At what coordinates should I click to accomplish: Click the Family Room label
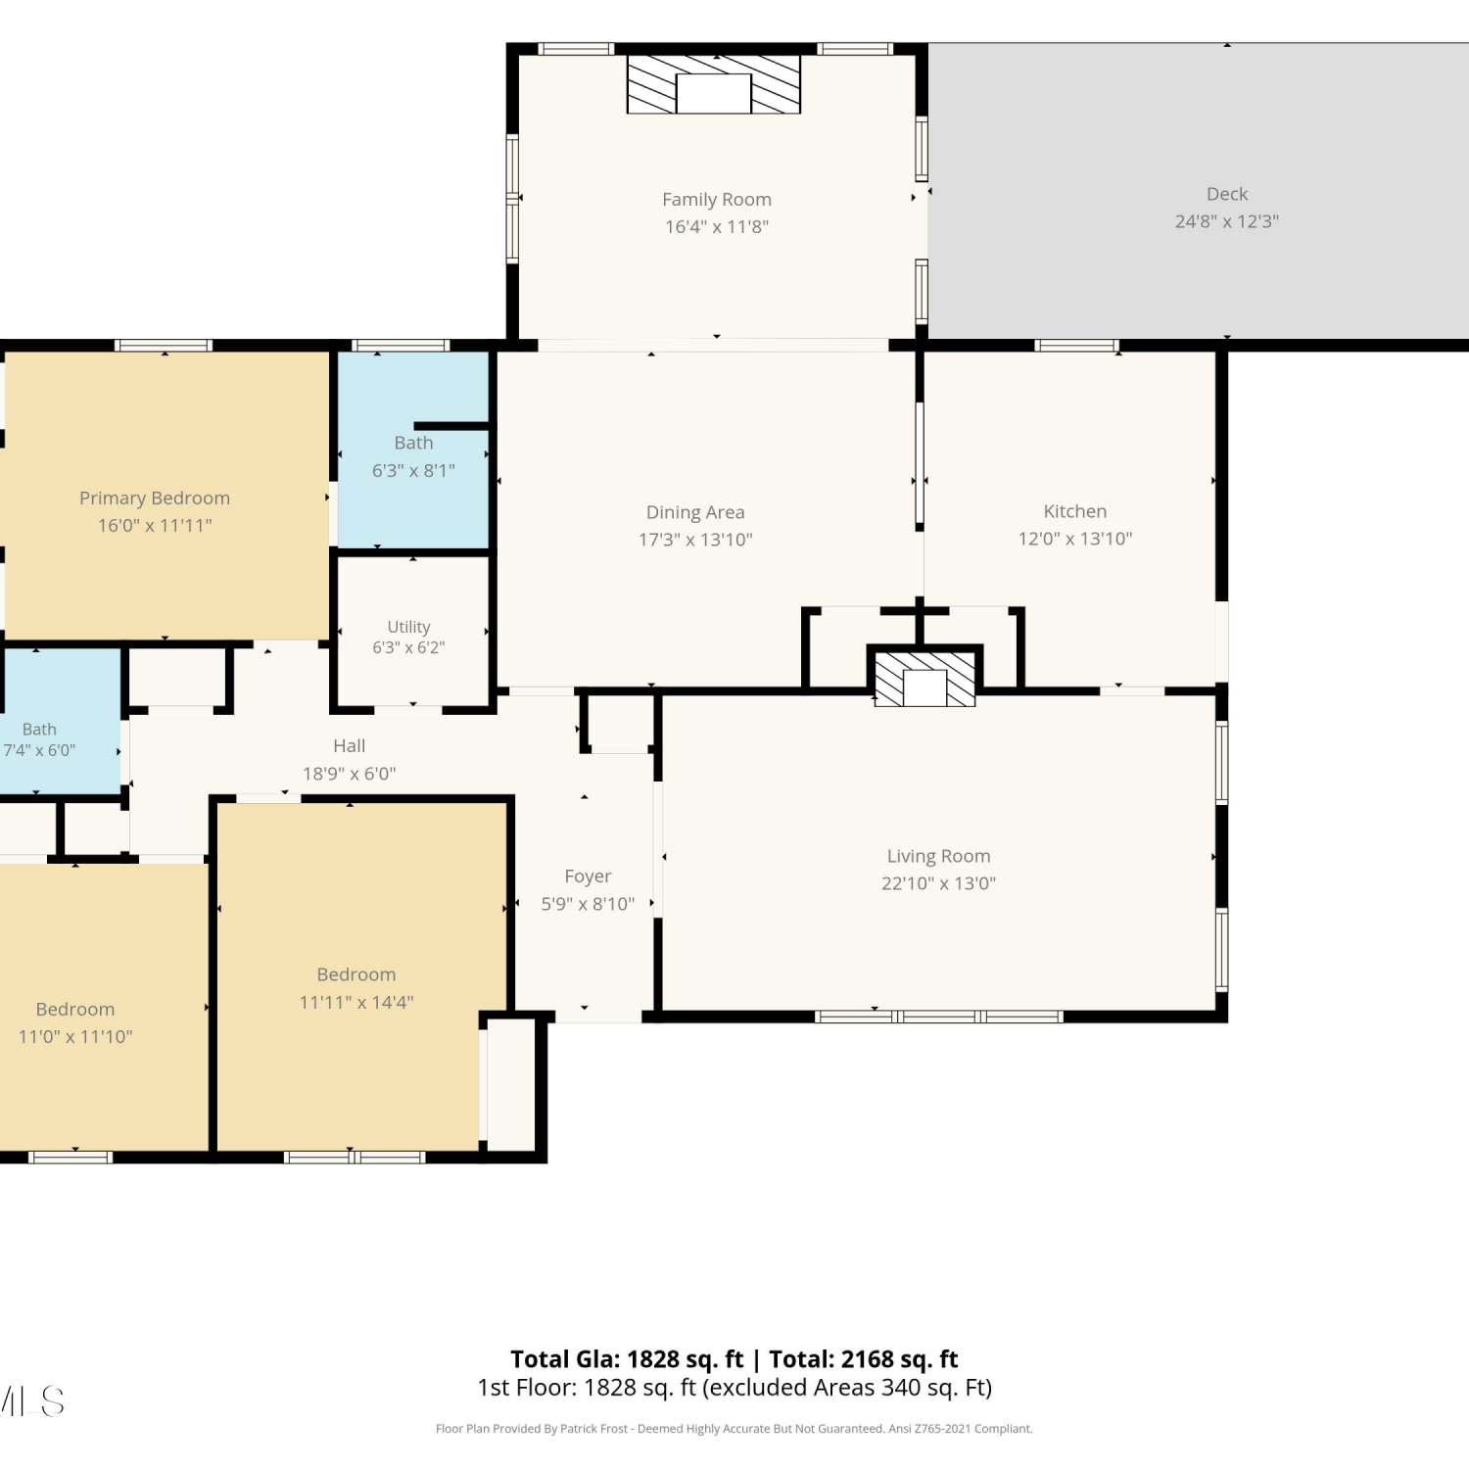click(717, 200)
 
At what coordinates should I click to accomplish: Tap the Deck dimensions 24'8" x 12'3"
click(1227, 221)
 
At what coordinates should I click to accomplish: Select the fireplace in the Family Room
click(714, 84)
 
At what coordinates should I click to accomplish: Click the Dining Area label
click(695, 512)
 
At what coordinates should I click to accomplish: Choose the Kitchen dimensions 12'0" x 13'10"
click(1075, 539)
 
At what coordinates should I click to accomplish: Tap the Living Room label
click(938, 857)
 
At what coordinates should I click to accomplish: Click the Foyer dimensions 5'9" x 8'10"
click(588, 904)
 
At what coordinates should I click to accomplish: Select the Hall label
click(349, 746)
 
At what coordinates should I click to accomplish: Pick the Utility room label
click(408, 627)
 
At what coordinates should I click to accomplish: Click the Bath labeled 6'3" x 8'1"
click(413, 444)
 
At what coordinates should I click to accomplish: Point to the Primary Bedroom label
click(155, 498)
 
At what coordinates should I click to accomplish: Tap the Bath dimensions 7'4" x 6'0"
click(39, 750)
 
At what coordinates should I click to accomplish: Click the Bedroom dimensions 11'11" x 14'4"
click(356, 1002)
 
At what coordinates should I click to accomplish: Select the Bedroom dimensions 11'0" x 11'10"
click(75, 1036)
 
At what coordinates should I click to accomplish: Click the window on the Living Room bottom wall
click(938, 1017)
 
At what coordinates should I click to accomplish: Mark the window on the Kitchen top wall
click(1076, 346)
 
